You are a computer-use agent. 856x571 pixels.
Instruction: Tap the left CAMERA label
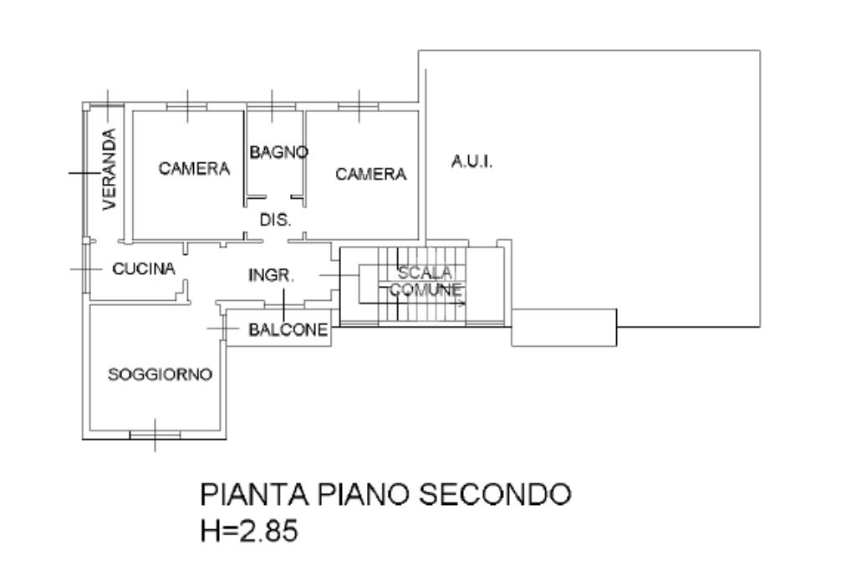[x=194, y=169]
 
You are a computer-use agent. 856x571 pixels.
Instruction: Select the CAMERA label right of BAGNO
[x=370, y=174]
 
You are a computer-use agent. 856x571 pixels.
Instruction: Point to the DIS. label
[x=275, y=221]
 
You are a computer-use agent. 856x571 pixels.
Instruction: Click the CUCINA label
[x=144, y=268]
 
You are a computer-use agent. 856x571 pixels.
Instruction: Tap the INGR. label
[x=272, y=275]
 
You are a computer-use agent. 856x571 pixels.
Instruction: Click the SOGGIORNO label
[x=160, y=374]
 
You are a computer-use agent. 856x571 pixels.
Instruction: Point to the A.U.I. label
[x=472, y=162]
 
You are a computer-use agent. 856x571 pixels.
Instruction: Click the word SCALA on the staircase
[x=425, y=273]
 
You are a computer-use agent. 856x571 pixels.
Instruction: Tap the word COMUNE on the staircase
[x=426, y=290]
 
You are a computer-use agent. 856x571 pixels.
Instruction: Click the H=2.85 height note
[x=248, y=531]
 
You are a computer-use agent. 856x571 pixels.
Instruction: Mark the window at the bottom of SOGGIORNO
[x=155, y=435]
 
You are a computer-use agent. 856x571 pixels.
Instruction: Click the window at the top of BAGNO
[x=271, y=105]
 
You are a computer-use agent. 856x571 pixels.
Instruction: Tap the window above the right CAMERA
[x=360, y=105]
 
